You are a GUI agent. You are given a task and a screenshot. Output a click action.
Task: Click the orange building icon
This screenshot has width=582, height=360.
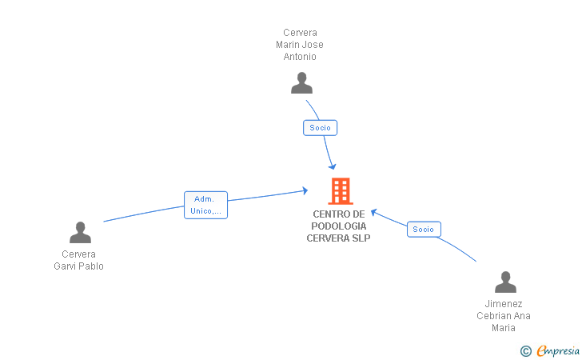coord(341,191)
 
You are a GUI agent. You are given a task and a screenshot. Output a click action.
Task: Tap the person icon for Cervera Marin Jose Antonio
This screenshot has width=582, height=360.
coord(301,83)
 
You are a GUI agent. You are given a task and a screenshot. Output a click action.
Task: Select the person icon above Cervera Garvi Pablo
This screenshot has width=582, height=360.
coord(80,232)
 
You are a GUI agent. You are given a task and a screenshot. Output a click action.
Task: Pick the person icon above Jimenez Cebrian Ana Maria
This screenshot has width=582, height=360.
coord(505,282)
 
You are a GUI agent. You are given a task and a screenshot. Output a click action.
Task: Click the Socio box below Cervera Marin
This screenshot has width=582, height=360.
coord(320,128)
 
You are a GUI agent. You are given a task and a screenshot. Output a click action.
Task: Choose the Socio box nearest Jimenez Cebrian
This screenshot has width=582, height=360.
coord(424,230)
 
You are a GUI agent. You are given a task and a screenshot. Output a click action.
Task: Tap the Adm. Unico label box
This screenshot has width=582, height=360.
coord(205,205)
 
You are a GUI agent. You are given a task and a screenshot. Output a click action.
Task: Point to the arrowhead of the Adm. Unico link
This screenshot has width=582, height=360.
coord(305,190)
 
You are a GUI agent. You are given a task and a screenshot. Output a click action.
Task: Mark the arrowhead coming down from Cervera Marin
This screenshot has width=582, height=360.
coord(333,166)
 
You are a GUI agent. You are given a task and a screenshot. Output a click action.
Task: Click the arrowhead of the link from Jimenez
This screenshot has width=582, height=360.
coord(374,212)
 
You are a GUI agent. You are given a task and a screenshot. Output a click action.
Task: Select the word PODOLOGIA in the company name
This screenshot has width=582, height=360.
coord(338,226)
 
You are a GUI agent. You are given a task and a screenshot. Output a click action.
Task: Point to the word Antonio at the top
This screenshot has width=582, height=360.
coord(300,57)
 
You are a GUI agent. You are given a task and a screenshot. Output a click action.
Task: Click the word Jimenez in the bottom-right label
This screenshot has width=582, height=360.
coord(504,303)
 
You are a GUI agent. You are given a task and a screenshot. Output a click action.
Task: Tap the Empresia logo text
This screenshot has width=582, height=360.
coord(558,351)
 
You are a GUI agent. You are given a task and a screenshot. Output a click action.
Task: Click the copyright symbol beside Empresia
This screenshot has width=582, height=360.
coord(525,351)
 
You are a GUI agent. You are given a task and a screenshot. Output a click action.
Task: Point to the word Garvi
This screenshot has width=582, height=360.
coord(65,266)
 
